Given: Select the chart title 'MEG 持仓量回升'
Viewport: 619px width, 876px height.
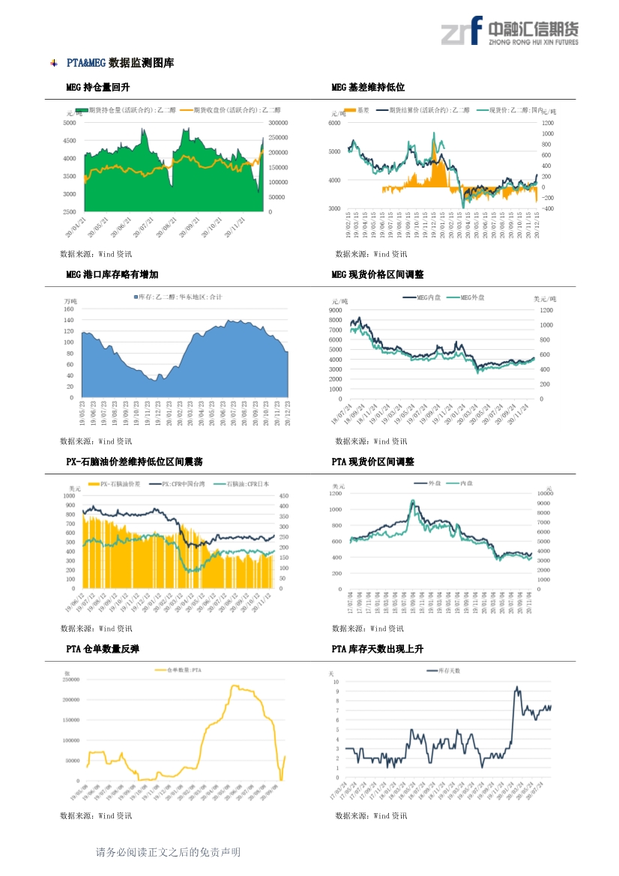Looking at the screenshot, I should click(x=98, y=88).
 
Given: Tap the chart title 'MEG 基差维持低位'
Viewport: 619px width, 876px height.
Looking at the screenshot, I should click(x=368, y=88).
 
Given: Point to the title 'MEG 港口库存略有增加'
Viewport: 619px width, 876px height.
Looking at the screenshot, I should click(x=112, y=275).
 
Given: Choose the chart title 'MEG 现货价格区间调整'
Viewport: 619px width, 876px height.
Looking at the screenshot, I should click(x=378, y=275).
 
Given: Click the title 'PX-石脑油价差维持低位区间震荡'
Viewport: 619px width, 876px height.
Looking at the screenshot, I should click(x=134, y=462).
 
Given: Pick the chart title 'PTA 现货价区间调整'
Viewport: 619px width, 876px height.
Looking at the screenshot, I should click(x=372, y=462).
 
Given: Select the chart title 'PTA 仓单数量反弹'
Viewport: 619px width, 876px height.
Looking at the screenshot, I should click(x=103, y=649).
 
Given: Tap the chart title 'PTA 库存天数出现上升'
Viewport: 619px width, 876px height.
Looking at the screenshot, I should click(x=377, y=649).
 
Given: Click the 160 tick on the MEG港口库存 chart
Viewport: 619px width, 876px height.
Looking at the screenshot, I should click(x=69, y=309).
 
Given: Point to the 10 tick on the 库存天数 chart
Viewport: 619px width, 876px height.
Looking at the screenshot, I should click(x=336, y=683).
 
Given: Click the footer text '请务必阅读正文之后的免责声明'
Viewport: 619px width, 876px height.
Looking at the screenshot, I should click(x=168, y=852).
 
